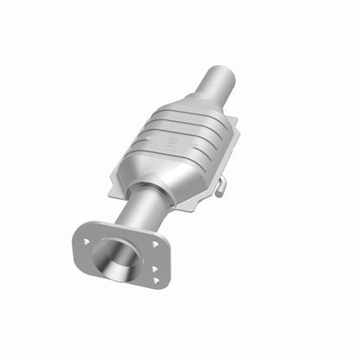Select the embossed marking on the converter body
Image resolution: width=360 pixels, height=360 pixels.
click(171, 138)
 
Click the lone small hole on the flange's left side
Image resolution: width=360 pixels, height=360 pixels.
click(87, 234)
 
